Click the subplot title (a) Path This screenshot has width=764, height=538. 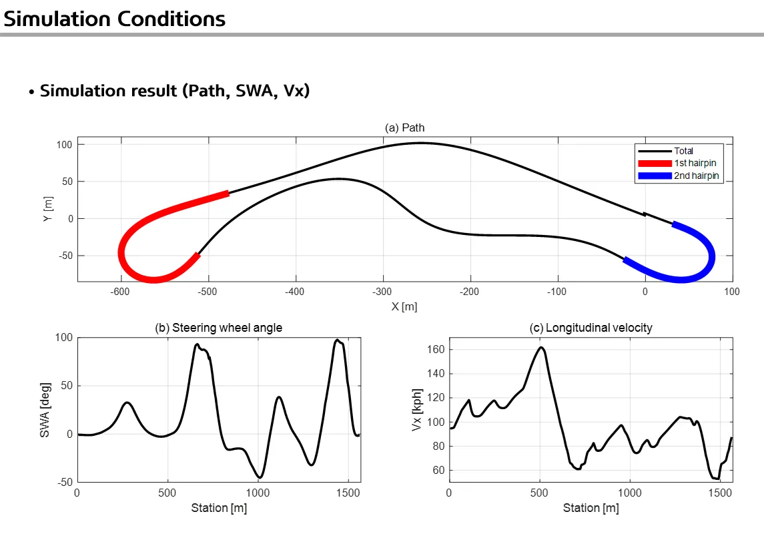click(404, 127)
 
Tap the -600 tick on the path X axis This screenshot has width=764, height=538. click(120, 292)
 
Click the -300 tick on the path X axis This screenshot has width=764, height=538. click(382, 292)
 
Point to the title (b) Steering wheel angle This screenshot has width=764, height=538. click(218, 327)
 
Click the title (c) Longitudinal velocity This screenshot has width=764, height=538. click(591, 327)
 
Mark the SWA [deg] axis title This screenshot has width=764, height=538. click(45, 410)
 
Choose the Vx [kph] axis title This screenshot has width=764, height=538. click(418, 409)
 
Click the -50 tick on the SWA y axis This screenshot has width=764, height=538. click(64, 482)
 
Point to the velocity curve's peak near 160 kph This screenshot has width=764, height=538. click(540, 347)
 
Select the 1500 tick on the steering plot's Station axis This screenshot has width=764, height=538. click(348, 493)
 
